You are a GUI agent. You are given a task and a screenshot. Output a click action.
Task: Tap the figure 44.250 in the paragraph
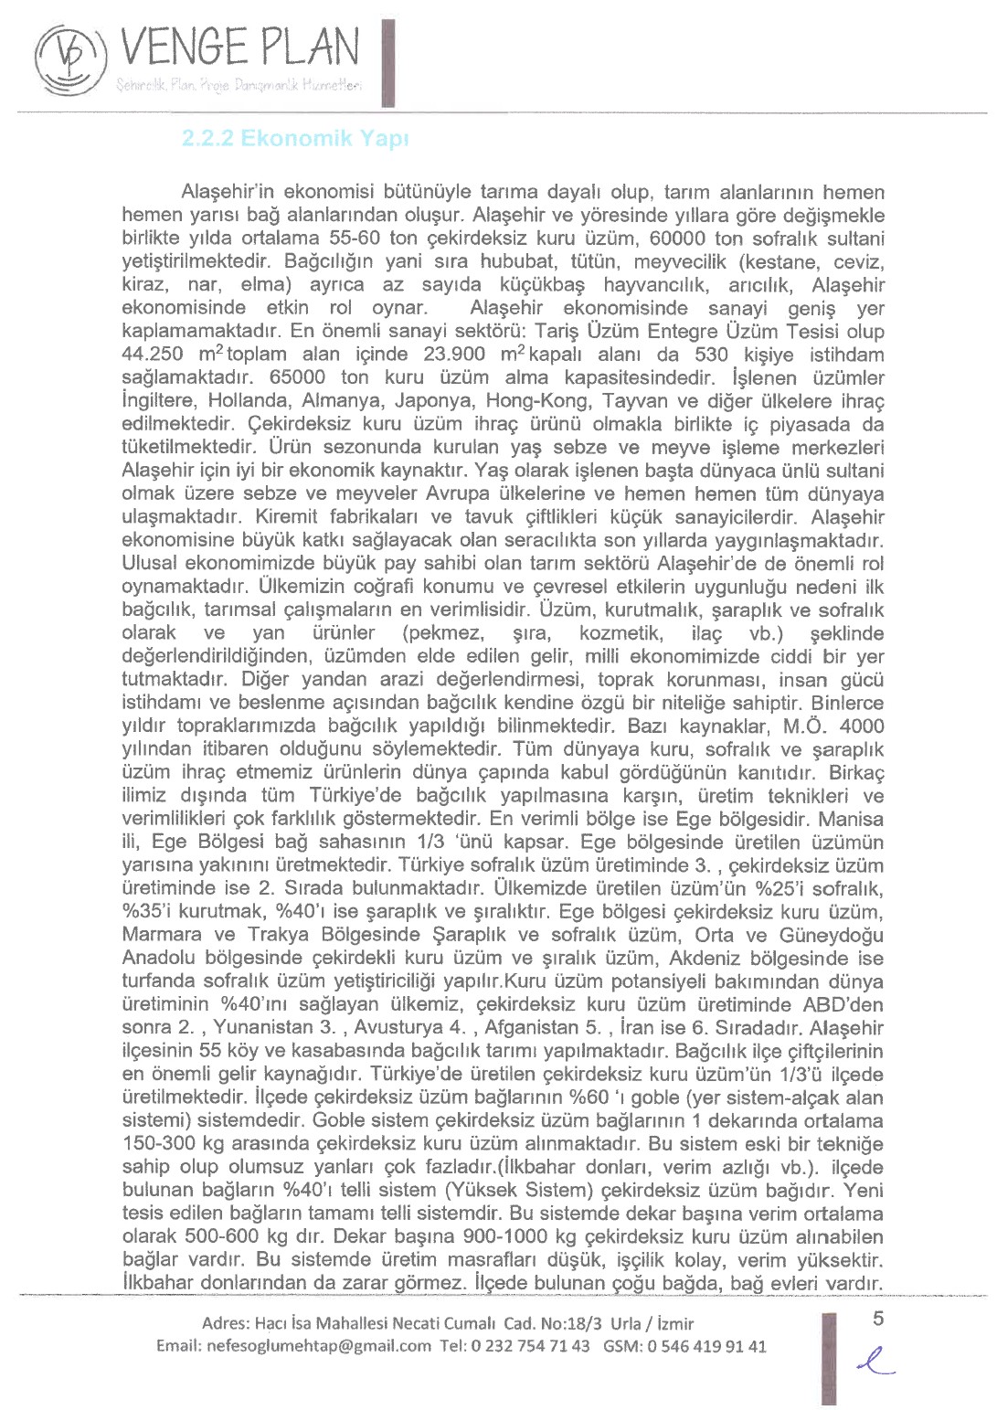(153, 355)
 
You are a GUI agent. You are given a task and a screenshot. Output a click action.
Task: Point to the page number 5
(879, 1318)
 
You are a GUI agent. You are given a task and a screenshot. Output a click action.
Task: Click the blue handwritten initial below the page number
(875, 1363)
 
